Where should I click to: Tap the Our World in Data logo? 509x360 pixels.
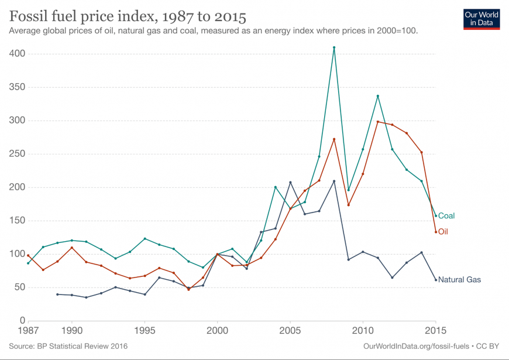click(482, 19)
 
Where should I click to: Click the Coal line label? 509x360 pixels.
click(446, 216)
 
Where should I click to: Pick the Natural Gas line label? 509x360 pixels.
click(459, 280)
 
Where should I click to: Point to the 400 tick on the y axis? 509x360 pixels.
click(16, 54)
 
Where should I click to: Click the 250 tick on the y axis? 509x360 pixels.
click(16, 154)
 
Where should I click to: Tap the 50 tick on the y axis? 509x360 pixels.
click(18, 287)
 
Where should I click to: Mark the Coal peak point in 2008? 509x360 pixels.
click(333, 47)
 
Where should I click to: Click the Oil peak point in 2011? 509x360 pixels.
click(377, 122)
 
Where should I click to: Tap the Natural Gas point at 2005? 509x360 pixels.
click(290, 182)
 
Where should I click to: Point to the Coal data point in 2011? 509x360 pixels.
click(377, 96)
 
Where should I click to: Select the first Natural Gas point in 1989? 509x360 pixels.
click(57, 294)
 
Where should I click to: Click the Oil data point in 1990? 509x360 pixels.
click(72, 248)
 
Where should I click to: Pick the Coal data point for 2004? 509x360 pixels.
click(276, 187)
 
